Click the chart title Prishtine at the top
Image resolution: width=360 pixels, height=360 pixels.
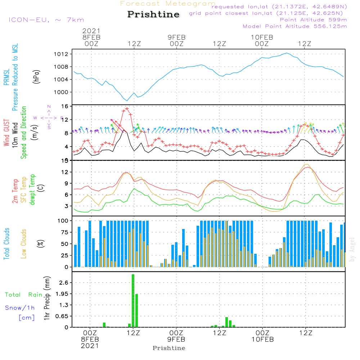click(x=153, y=14)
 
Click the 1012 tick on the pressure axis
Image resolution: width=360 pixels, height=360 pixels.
click(x=64, y=54)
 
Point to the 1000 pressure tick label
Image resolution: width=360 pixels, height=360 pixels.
click(x=64, y=92)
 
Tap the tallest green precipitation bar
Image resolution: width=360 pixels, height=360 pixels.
click(x=133, y=301)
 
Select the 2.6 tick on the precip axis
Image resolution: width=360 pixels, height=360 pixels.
click(x=63, y=283)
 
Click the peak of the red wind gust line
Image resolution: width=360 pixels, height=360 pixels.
click(x=127, y=108)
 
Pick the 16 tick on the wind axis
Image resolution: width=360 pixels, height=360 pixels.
click(x=65, y=107)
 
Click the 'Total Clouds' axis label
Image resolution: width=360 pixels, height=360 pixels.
click(x=7, y=244)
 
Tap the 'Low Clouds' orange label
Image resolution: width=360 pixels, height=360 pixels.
click(x=24, y=244)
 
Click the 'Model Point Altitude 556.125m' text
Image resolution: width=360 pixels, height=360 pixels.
click(x=295, y=26)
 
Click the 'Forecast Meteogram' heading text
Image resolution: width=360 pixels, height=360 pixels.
click(x=168, y=4)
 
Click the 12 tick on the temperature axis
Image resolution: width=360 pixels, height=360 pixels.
click(x=65, y=172)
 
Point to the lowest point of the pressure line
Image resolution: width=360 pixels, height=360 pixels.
click(x=127, y=100)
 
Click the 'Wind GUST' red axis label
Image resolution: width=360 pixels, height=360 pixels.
click(x=7, y=132)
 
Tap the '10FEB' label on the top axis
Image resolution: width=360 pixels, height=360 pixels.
click(x=262, y=37)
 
